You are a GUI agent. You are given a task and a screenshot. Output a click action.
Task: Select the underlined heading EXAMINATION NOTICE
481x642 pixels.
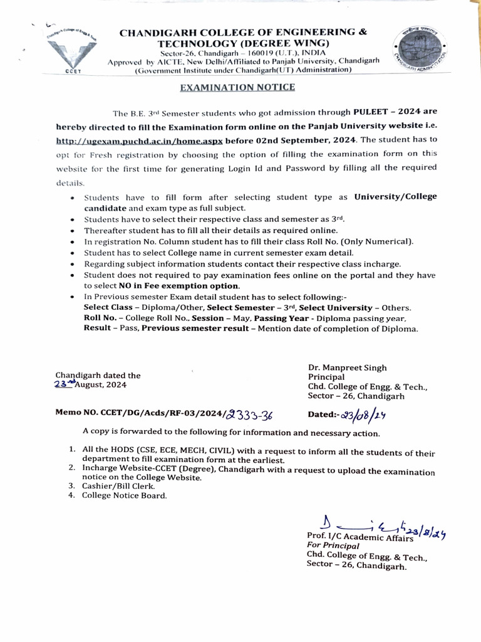tap(237, 87)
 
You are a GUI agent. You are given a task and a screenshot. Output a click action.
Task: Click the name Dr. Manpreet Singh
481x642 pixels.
tap(347, 367)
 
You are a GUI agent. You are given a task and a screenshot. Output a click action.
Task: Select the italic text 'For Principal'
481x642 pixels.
tap(329, 545)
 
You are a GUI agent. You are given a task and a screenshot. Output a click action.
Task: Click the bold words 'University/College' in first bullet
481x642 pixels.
tap(395, 197)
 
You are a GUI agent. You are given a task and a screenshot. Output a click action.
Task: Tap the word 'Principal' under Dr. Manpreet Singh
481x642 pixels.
tap(326, 377)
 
